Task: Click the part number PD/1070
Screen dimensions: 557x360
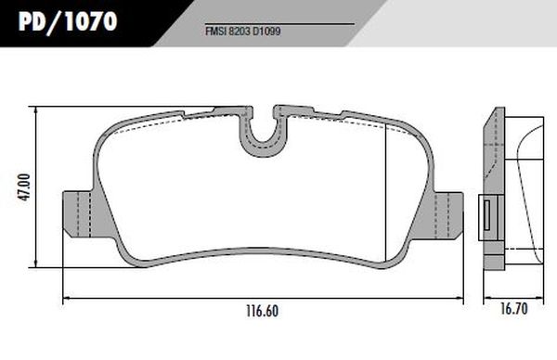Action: coord(68,21)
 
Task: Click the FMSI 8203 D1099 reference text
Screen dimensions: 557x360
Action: coord(243,32)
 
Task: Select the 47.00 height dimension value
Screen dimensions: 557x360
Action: coord(25,187)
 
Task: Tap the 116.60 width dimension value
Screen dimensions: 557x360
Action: coord(262,312)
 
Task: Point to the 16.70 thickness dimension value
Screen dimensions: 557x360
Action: coord(514,309)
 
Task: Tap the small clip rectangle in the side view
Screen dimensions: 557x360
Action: coord(487,215)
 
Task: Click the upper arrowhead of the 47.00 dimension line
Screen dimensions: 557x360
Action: coord(35,109)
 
